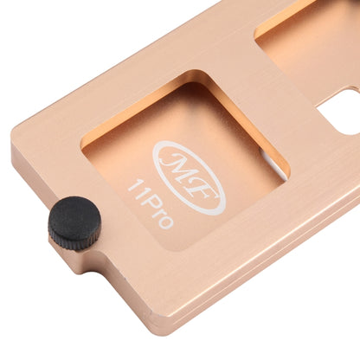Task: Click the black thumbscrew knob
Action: [74, 223]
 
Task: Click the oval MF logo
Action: [189, 178]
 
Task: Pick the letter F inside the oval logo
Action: [202, 193]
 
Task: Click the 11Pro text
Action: [151, 203]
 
